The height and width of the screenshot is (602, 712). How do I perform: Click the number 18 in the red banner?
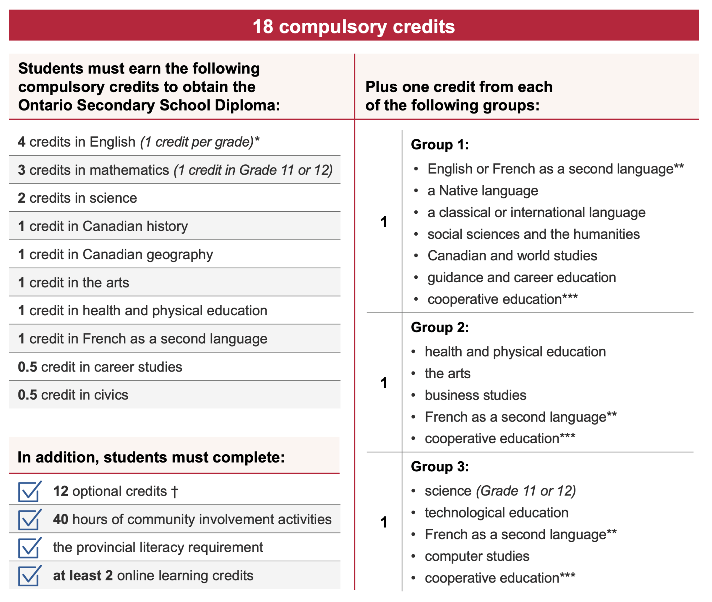(x=263, y=26)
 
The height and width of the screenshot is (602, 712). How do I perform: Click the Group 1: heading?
(x=439, y=145)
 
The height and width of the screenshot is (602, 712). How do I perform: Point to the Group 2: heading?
(x=439, y=327)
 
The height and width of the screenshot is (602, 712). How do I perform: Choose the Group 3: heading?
(x=439, y=467)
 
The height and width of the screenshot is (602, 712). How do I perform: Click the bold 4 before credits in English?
(x=22, y=142)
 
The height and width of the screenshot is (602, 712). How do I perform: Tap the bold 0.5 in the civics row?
(x=27, y=395)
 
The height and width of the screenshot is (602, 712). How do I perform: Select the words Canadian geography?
(x=147, y=255)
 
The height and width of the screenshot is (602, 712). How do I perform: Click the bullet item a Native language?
(x=483, y=191)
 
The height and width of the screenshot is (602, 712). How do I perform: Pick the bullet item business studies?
(x=475, y=396)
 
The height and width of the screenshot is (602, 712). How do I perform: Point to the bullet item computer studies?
(x=477, y=556)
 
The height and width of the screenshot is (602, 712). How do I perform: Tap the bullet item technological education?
(x=496, y=513)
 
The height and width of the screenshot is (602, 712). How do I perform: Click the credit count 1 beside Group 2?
(x=384, y=383)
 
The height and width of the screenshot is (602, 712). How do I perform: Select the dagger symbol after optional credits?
(x=175, y=492)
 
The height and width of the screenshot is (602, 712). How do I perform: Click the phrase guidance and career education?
(x=521, y=278)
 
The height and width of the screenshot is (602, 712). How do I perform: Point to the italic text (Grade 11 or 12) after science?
(x=526, y=491)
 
